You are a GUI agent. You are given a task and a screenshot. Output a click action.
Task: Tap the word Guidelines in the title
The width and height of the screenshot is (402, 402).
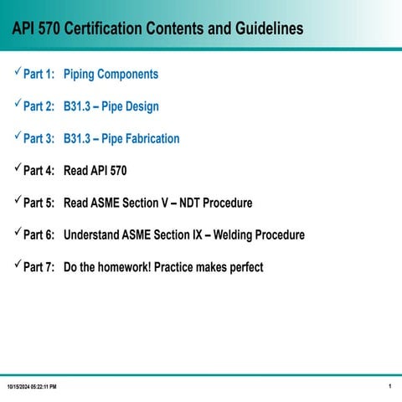(261, 29)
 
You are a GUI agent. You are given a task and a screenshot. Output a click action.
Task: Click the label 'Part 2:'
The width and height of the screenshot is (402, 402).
(39, 107)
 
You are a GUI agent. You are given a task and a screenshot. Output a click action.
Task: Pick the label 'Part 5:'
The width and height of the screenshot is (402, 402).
(39, 204)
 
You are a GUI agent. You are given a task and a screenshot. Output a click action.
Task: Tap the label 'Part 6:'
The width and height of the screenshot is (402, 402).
(39, 235)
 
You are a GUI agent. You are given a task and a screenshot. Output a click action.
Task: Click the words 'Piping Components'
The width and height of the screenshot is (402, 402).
(111, 75)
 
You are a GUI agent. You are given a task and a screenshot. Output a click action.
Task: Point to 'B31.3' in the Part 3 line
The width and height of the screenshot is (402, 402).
(79, 139)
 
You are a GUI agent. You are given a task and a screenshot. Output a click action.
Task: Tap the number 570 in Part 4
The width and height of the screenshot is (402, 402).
(117, 171)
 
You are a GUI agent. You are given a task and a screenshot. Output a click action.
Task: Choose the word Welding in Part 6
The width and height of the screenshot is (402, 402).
(238, 235)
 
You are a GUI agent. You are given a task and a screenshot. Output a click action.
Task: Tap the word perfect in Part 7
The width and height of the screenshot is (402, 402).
(243, 268)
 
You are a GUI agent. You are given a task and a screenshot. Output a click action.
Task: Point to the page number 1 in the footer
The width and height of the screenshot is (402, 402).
(391, 385)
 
